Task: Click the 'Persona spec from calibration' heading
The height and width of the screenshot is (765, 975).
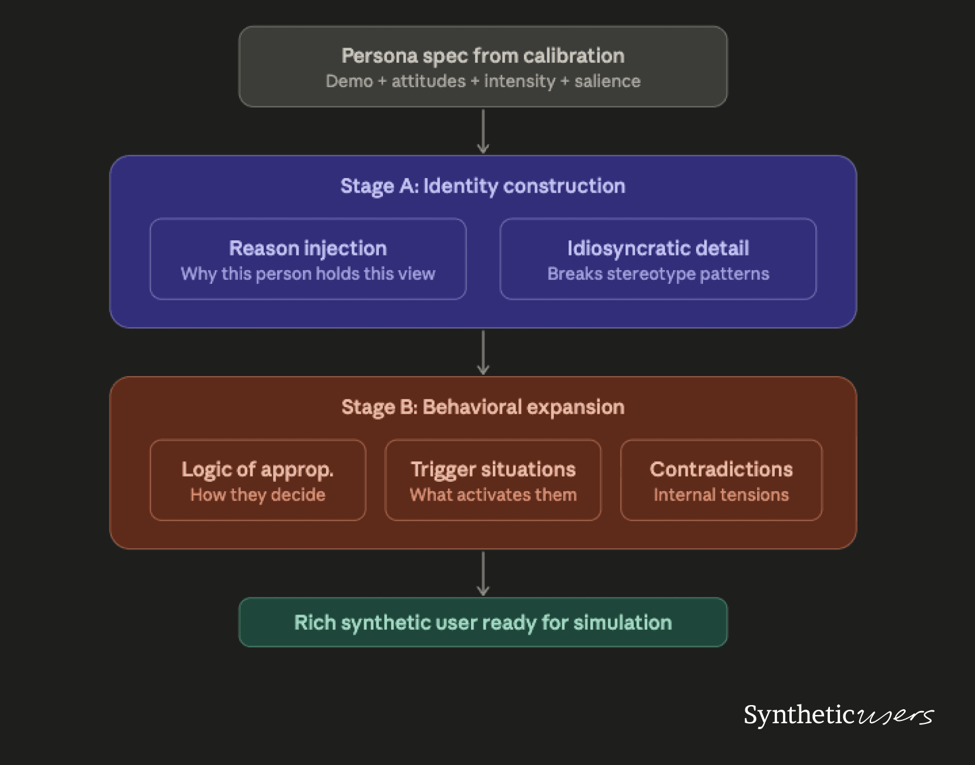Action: click(483, 56)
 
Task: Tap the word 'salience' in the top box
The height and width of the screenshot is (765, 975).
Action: click(607, 81)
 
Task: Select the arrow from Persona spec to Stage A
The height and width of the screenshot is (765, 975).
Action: click(483, 131)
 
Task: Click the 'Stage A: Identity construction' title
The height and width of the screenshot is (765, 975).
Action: click(483, 186)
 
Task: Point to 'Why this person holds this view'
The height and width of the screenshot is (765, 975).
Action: click(308, 274)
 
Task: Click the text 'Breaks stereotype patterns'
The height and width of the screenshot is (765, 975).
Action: click(658, 274)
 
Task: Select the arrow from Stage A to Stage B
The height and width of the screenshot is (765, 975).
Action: click(483, 352)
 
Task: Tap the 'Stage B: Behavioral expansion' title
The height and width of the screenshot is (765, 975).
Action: click(483, 407)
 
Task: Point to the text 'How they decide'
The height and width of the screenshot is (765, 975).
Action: click(257, 495)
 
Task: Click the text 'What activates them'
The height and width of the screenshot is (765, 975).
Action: click(493, 495)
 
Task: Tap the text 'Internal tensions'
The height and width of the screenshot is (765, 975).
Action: click(721, 495)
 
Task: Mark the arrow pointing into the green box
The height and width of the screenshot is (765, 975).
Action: click(483, 573)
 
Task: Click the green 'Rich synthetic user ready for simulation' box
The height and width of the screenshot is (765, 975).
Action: click(483, 622)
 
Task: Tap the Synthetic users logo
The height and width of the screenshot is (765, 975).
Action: click(838, 715)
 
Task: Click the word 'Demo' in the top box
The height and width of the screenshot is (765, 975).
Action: click(349, 81)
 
